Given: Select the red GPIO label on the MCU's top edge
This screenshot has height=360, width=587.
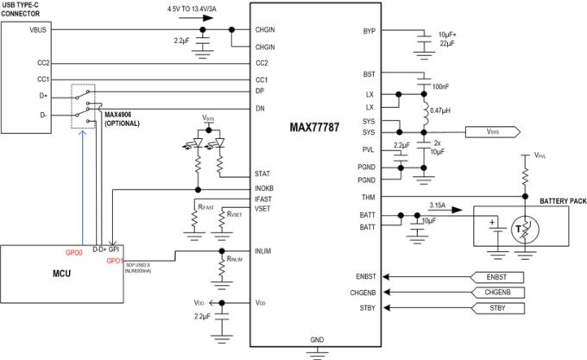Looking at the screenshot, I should coord(74,253).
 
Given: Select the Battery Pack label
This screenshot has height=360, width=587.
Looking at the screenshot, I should coord(553,200).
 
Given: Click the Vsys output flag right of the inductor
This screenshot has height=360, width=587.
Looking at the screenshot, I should coord(492,132).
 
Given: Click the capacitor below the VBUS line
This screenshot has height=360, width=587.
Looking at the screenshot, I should coord(201,39).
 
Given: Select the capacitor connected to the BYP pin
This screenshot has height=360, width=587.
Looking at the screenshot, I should coord(423,37).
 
